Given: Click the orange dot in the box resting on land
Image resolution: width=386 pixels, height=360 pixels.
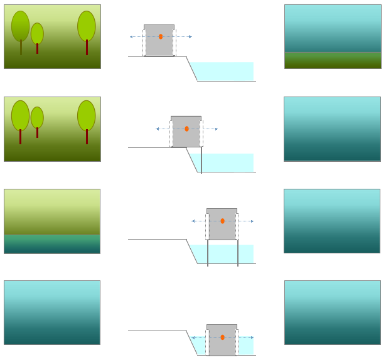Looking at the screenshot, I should click(x=161, y=36).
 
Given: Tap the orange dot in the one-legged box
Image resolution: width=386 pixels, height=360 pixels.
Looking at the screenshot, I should click(x=186, y=129).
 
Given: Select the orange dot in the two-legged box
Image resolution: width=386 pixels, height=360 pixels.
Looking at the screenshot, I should click(x=222, y=221).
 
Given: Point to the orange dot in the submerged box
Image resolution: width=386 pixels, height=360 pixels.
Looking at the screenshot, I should click(x=222, y=337).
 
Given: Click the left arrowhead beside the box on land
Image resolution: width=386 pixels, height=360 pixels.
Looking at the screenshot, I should click(x=131, y=37).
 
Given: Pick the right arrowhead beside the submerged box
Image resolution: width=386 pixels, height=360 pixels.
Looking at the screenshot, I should click(x=252, y=337).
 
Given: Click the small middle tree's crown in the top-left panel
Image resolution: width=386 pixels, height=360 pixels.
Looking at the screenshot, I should click(x=37, y=33).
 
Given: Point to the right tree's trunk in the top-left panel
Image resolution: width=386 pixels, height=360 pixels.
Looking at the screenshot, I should click(x=87, y=48).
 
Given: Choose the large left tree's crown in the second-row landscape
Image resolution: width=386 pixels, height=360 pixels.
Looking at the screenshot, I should click(x=20, y=115).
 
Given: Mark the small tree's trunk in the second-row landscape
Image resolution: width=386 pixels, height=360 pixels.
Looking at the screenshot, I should click(x=37, y=132).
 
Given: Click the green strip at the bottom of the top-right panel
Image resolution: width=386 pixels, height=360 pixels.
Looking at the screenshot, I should click(x=332, y=60).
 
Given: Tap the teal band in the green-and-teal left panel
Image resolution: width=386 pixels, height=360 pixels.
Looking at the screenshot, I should click(x=52, y=244).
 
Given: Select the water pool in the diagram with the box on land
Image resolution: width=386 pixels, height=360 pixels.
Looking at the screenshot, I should click(x=223, y=71).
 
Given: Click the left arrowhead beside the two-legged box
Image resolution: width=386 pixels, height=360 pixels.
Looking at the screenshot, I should click(x=193, y=221).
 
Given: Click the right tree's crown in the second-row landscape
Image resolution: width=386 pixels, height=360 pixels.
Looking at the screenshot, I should click(x=87, y=115).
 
